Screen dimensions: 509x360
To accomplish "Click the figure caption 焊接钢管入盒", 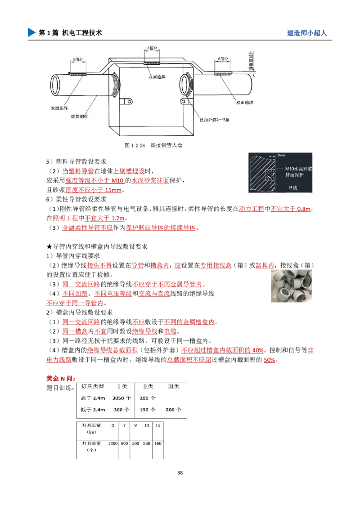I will point(156,146).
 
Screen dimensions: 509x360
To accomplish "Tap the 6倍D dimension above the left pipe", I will point(76,59).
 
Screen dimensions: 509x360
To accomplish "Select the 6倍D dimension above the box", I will point(152,48).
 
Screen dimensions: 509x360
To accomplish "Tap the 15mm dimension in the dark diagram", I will point(283,155).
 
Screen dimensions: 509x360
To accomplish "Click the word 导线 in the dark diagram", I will point(294,188).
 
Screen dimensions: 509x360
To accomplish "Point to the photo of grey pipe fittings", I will point(292,288).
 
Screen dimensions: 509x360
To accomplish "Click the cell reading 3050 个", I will point(121,398).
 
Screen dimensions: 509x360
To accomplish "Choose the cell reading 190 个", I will point(148,410).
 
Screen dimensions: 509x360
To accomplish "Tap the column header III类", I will point(173,386).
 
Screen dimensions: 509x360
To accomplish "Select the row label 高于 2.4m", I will point(93,398).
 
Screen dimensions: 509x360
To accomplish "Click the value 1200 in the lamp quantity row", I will point(112,443).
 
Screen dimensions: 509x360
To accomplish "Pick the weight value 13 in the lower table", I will point(147,425).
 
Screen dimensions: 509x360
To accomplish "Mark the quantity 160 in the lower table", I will point(158,443).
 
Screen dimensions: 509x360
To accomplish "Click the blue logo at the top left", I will point(31,32).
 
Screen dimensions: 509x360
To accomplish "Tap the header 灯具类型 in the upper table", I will point(92,386).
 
